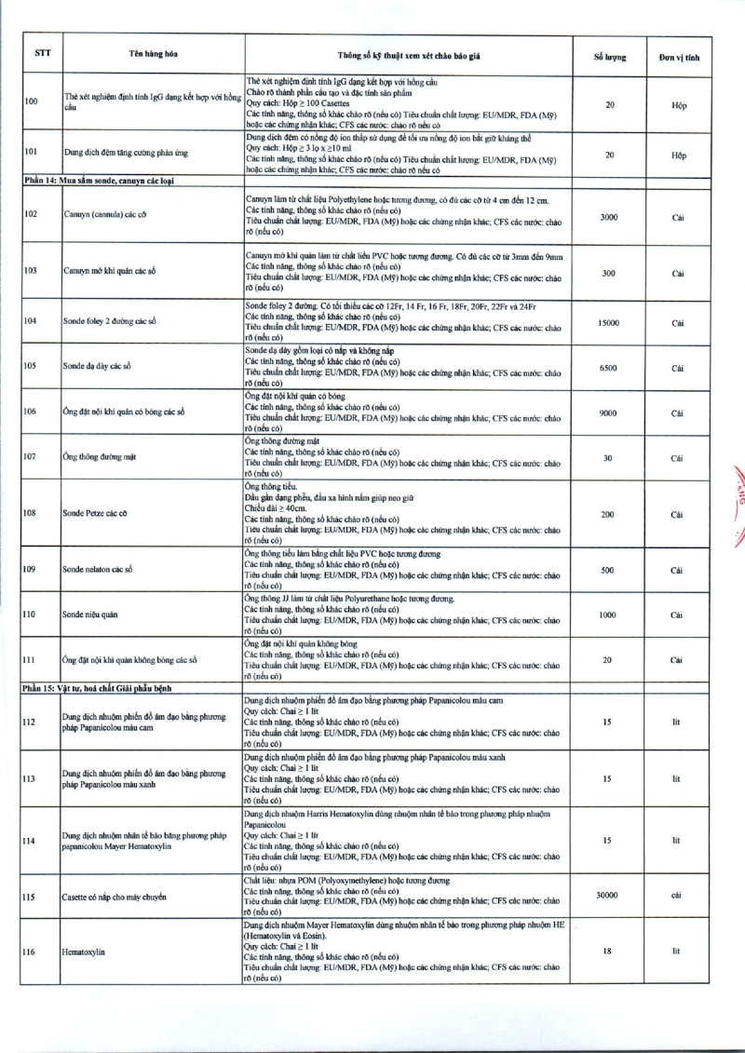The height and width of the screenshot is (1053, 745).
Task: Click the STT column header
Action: tap(43, 53)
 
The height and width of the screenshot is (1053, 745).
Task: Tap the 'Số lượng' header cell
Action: tap(610, 57)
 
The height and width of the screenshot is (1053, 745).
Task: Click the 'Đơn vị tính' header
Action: tap(678, 57)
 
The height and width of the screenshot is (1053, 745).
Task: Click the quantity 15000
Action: tap(609, 322)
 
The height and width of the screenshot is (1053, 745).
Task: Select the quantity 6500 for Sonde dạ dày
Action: tap(609, 367)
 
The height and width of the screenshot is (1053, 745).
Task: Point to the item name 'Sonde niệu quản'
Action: tap(90, 615)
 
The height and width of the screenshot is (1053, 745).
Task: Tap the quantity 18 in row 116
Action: tap(608, 952)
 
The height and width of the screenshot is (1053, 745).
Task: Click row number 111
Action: tap(30, 660)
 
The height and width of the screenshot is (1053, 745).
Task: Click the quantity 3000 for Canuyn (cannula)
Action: tap(609, 216)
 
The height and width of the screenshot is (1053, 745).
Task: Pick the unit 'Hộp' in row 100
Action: tap(678, 105)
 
